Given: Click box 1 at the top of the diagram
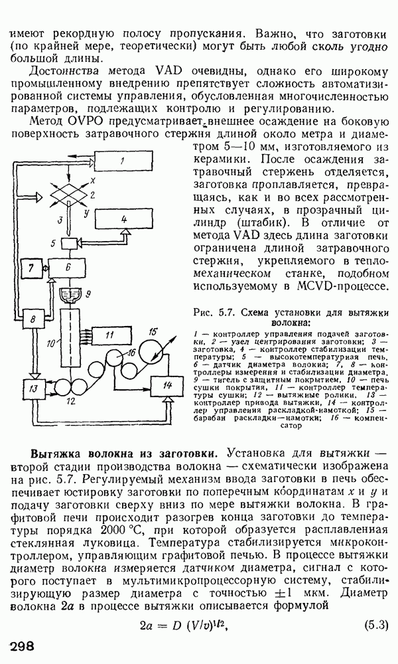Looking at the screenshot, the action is tap(124, 161).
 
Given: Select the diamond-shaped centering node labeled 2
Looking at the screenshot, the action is tap(68, 195).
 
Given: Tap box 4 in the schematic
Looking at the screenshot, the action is tap(123, 219).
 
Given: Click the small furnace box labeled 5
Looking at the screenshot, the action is tap(68, 244).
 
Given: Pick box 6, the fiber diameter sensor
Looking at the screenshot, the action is tap(68, 268).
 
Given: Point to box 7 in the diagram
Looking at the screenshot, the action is tap(31, 268).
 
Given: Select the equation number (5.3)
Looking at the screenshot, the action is tap(376, 625).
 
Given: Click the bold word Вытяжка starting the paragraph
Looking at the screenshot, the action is tap(56, 454).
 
